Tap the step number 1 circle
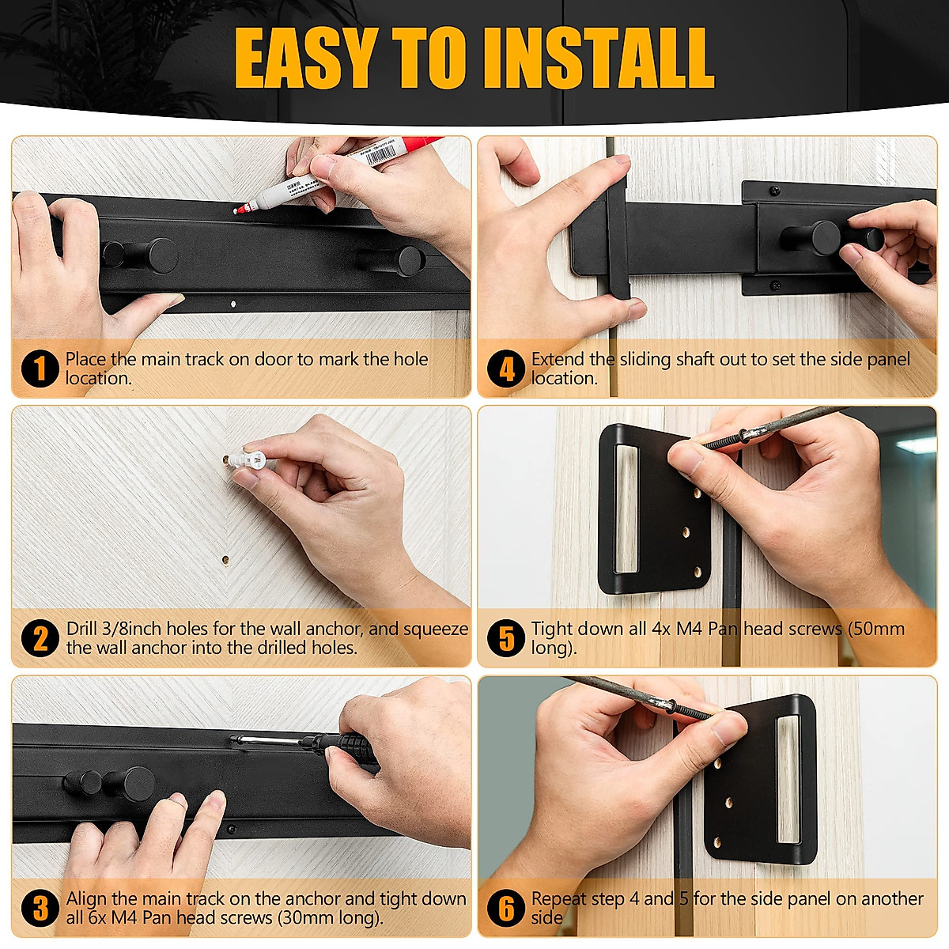pos(40,369)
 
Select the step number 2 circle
pos(40,638)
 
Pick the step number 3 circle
pos(40,908)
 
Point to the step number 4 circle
pos(506,369)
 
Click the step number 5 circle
pos(506,638)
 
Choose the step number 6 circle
pos(506,908)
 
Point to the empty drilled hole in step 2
pos(225,559)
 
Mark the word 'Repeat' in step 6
pos(561,898)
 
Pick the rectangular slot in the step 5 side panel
pos(626,508)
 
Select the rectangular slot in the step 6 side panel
pos(788,779)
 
